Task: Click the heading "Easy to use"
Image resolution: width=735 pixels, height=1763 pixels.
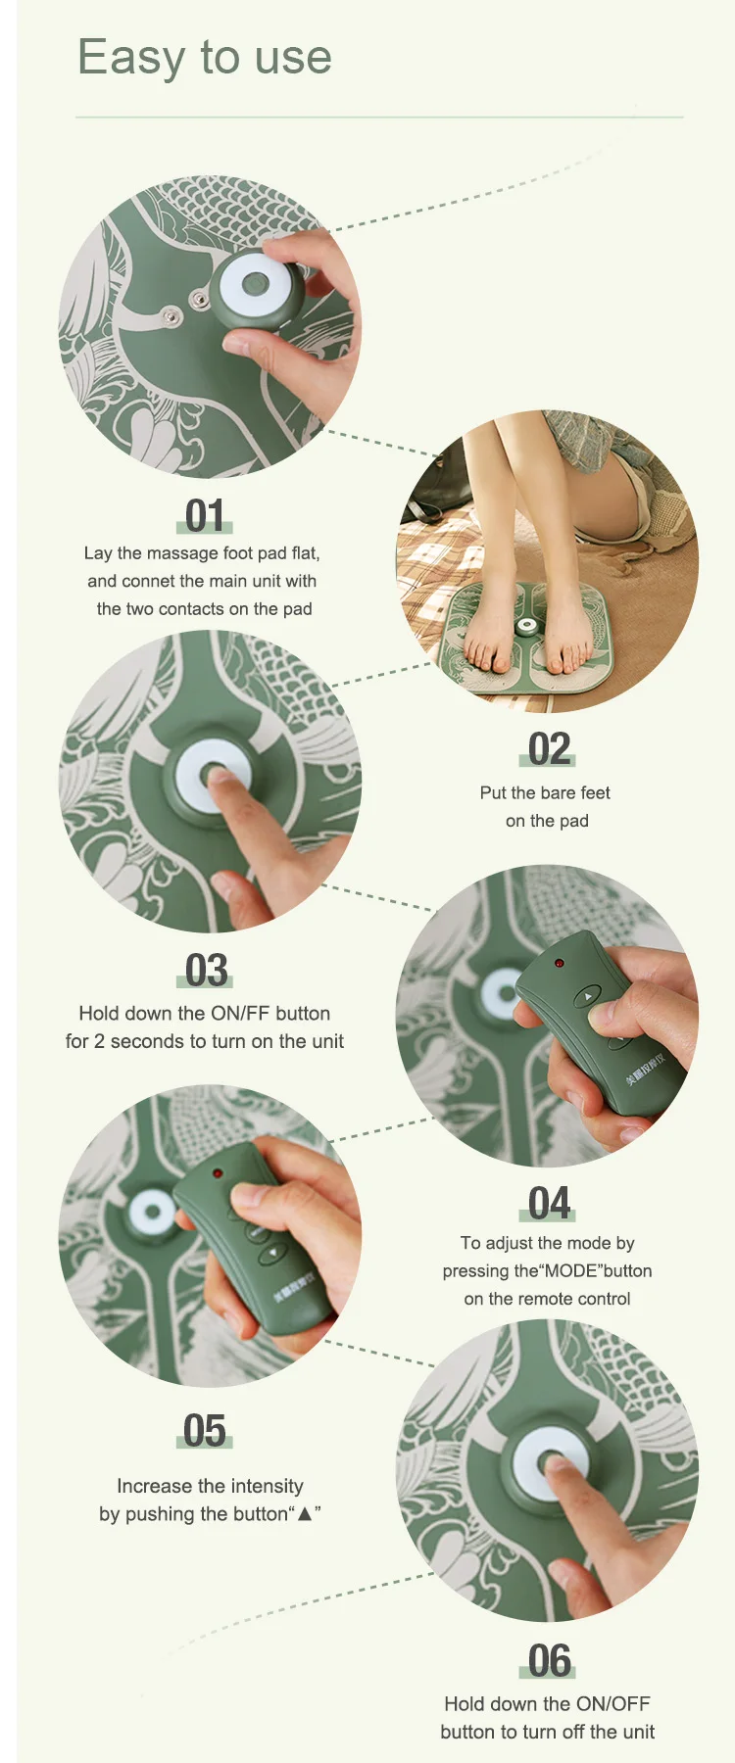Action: point(205,58)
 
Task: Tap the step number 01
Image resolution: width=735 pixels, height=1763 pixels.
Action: point(205,516)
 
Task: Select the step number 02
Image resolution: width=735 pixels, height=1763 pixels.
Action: point(549,749)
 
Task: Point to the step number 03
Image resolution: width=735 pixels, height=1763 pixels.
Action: point(206,971)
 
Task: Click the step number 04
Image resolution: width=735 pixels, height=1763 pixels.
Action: point(549,1204)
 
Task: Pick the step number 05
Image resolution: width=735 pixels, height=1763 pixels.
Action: point(205,1431)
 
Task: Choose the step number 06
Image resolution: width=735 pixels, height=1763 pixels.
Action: point(549,1661)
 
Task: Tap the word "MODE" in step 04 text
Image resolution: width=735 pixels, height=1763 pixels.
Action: point(571,1271)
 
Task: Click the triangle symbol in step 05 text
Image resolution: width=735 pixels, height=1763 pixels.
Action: point(305,1514)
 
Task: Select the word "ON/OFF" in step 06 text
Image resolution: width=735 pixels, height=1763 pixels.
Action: point(613,1704)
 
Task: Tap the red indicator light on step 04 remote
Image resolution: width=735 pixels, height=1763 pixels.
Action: point(559,964)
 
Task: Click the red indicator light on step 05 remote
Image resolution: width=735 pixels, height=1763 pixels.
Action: point(218,1172)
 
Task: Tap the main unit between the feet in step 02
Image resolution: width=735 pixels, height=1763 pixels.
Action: point(526,626)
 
